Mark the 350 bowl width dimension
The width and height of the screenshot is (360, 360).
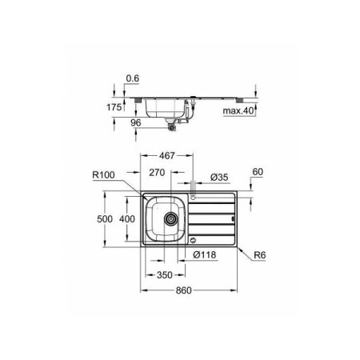coord(164,274)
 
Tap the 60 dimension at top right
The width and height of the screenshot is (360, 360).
coord(257,170)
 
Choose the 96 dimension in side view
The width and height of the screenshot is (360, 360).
coord(135,124)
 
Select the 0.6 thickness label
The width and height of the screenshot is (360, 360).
coord(133,78)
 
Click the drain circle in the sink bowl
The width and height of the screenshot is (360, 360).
coord(169,218)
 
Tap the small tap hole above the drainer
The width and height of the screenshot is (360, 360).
coord(194,197)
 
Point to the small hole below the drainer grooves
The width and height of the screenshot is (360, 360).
coord(194,236)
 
